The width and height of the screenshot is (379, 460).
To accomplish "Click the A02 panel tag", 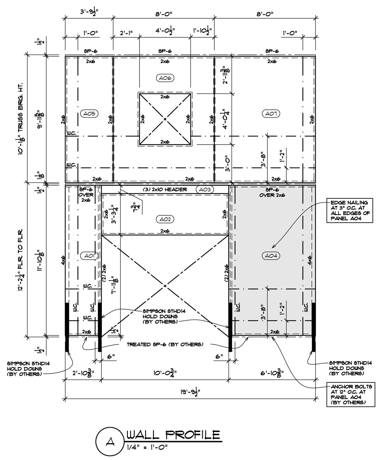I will click(x=165, y=219).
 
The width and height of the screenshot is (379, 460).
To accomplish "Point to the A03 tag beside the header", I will click(x=205, y=189).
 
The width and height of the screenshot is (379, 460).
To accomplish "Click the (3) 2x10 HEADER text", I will click(x=165, y=189).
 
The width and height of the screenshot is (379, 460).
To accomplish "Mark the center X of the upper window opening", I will click(x=165, y=119).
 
